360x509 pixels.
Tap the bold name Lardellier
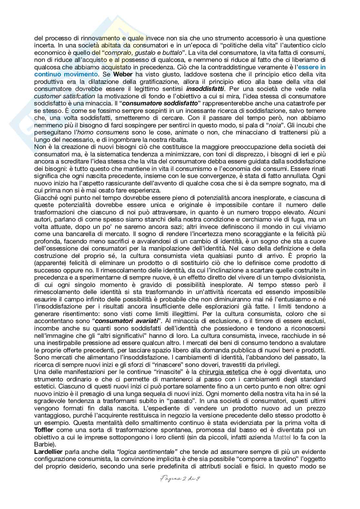pyautogui.click(x=48, y=452)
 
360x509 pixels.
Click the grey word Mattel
pyautogui.click(x=283, y=437)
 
